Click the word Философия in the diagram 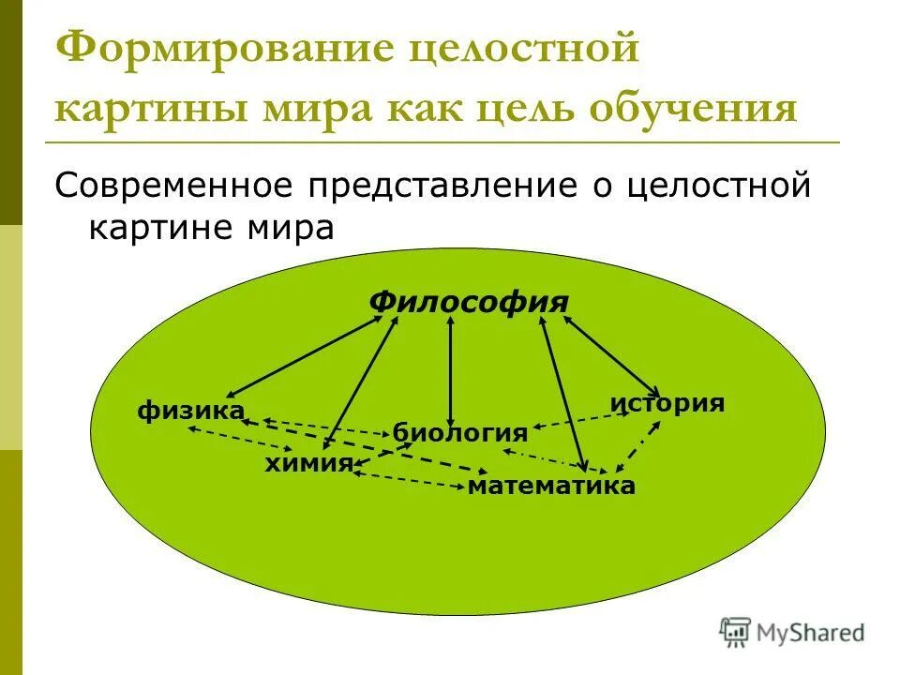[469, 302]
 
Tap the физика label [191, 410]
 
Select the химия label [307, 462]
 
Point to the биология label [459, 432]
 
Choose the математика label [551, 485]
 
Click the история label [667, 403]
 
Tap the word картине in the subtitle [156, 228]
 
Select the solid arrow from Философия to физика [305, 355]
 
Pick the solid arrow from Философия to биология [451, 370]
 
